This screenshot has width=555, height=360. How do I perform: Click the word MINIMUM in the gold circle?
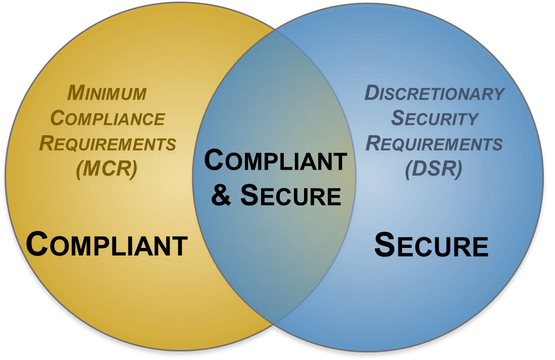pos(107,93)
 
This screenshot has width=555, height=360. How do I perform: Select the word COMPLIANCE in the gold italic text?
pos(108,118)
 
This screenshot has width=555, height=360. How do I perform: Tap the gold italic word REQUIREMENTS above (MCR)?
pos(108,143)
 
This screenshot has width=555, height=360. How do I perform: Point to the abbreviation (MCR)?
pos(107,169)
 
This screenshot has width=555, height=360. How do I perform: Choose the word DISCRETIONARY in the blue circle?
pos(434,93)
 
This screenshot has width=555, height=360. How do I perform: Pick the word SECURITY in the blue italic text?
pos(435,118)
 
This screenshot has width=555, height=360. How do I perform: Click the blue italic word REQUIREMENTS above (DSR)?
pos(434,143)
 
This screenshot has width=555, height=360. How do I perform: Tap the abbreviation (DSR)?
pos(434,169)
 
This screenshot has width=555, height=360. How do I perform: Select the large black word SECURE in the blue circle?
pos(431,245)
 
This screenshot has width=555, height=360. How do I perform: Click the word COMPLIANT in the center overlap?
pos(275,161)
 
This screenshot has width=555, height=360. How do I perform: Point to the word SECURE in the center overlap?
pos(291,195)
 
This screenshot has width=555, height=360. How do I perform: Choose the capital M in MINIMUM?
pos(75,92)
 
